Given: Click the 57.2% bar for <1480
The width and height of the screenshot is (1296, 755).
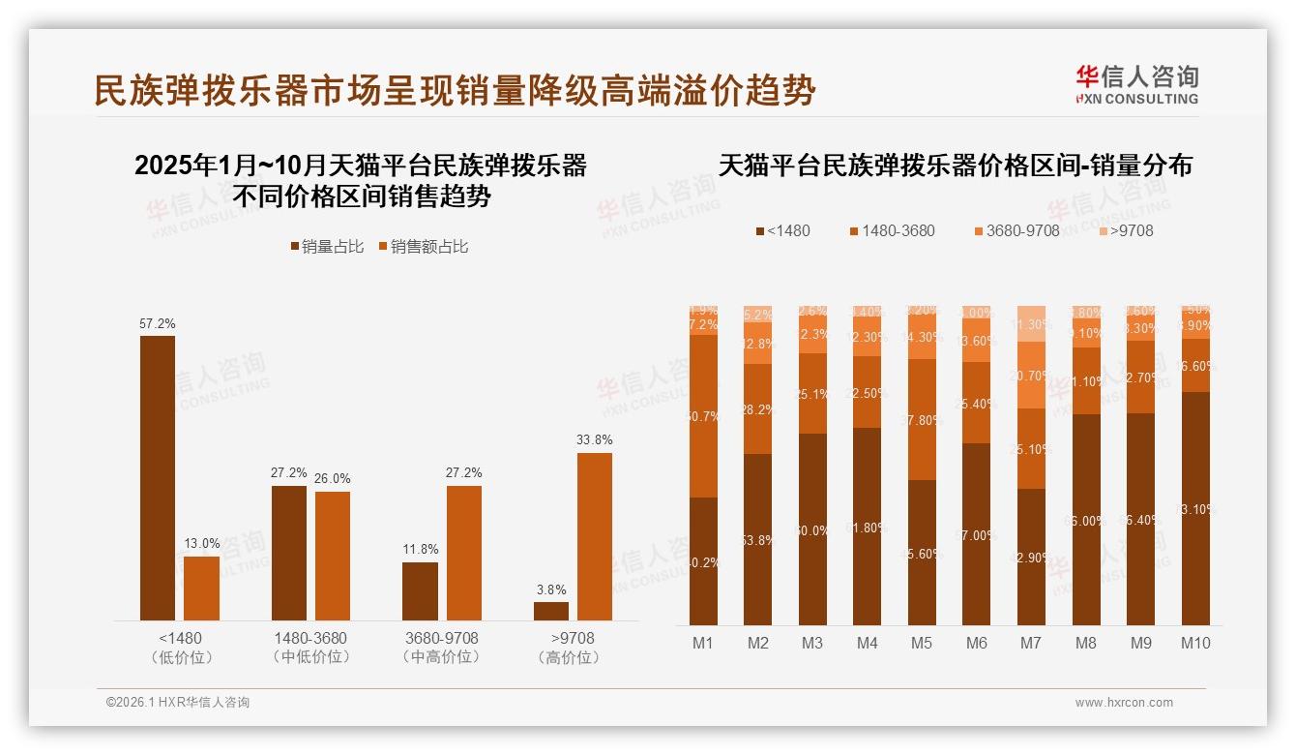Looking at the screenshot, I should tap(158, 478).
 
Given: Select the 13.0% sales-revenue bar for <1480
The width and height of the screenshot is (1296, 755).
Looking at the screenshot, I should tap(201, 589).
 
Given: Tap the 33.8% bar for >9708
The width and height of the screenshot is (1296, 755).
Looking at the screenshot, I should tap(595, 536).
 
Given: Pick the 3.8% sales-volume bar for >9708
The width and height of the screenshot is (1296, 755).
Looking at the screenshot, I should tap(551, 612).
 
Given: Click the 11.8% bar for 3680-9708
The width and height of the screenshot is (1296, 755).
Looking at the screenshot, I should tap(420, 591).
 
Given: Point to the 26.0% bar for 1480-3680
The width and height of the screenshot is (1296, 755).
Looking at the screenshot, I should tap(333, 556).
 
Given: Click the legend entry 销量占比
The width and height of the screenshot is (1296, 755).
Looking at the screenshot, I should tap(327, 247).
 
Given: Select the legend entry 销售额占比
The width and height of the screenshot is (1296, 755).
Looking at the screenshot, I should tap(423, 247).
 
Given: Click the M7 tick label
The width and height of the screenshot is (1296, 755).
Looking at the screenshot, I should tap(1032, 643).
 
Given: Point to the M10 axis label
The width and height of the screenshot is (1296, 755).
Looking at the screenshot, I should tap(1195, 643).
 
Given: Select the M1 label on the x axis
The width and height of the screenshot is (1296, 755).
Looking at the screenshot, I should tap(703, 643).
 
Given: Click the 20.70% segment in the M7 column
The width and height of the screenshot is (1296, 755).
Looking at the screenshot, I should tap(1032, 375).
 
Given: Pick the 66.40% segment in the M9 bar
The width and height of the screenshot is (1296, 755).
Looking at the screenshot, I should tap(1140, 519).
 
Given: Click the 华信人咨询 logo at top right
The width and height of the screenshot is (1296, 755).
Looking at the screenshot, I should tap(1136, 84).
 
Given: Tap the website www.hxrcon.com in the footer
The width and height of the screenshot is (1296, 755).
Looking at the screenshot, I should tap(1124, 703).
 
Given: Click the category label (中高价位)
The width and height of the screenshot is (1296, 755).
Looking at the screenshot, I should tap(441, 657).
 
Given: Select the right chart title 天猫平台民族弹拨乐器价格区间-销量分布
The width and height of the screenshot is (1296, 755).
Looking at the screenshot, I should tap(956, 166).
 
